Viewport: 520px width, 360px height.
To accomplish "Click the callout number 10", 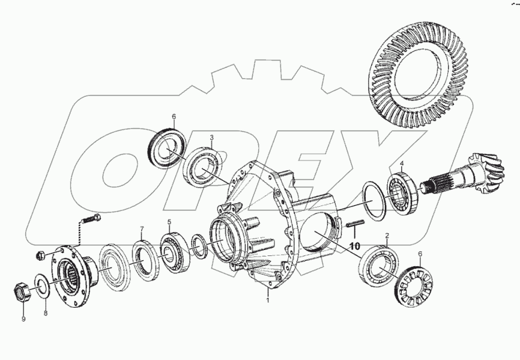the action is tap(354, 246).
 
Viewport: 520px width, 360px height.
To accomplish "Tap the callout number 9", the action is tap(23, 319).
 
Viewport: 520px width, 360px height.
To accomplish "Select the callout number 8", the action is tap(46, 313).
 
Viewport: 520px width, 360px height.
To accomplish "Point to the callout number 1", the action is tap(268, 301).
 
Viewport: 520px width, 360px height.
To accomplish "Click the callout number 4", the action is tap(402, 163).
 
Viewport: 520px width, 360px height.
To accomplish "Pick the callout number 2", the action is tap(387, 236).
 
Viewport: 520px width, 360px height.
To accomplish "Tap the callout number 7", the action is tap(142, 229).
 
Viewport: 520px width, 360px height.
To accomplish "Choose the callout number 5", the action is tap(169, 221).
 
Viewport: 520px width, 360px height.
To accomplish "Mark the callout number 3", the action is tap(211, 138).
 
